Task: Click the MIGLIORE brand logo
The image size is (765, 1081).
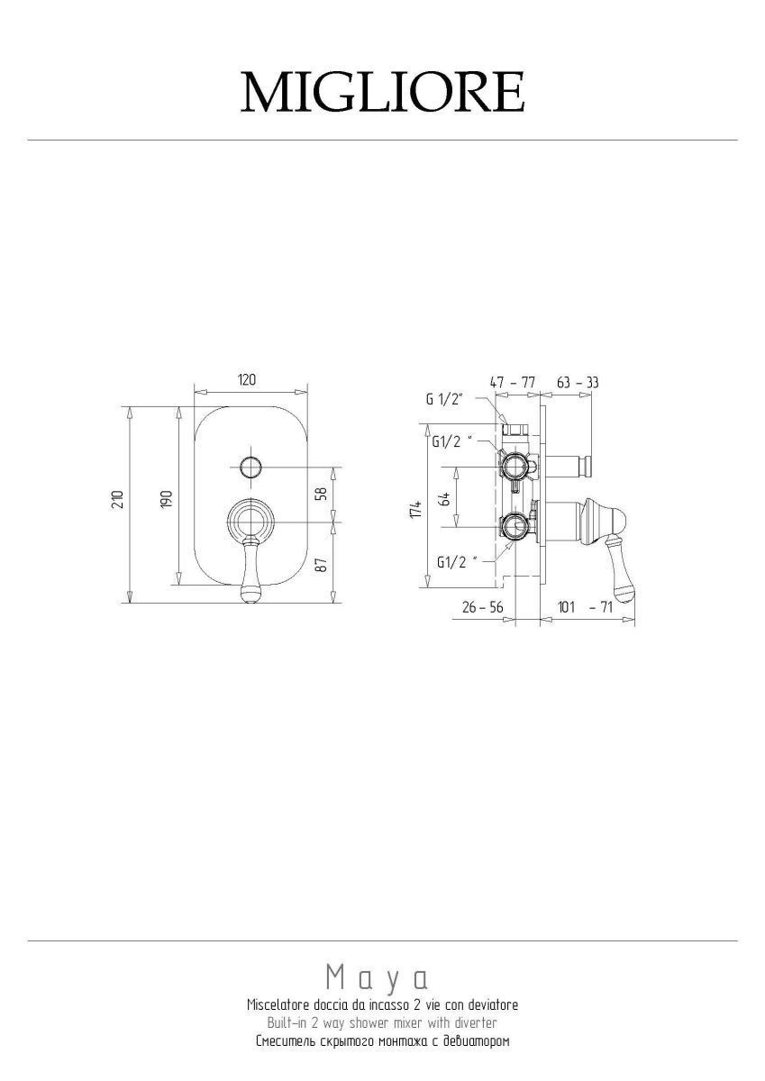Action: tap(382, 92)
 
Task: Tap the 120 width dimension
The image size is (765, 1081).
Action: tap(246, 380)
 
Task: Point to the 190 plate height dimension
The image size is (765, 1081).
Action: tap(167, 499)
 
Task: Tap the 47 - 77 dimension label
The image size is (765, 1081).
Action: tap(513, 383)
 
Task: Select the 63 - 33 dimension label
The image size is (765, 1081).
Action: tap(578, 383)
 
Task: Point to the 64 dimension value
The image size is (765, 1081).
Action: tap(445, 498)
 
